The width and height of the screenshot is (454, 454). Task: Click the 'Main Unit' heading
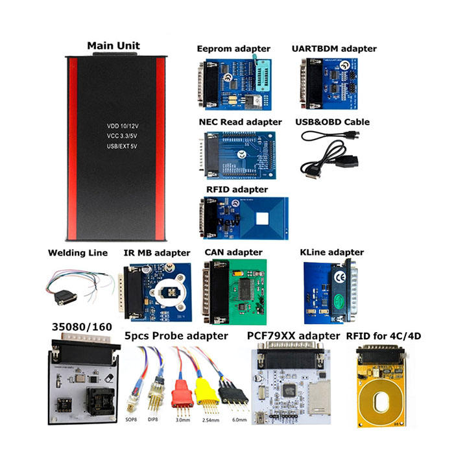113,46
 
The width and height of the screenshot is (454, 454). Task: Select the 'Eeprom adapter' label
235,49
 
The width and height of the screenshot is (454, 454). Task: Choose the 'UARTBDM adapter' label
334,49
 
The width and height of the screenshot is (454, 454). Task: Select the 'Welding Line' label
78,252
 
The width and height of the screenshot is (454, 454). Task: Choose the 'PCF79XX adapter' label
293,335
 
